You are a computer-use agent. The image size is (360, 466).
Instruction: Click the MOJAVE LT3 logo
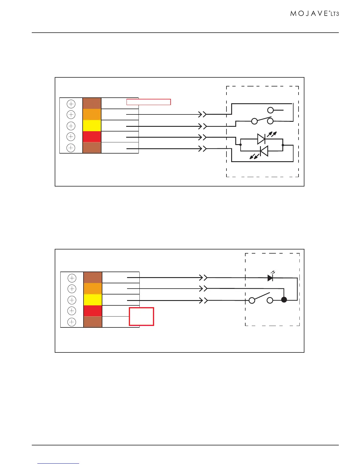pos(314,14)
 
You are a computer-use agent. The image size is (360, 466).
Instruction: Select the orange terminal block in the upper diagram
pos(92,114)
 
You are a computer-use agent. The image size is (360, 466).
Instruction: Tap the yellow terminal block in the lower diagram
pos(93,300)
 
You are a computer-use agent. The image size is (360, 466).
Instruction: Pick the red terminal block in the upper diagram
pos(92,137)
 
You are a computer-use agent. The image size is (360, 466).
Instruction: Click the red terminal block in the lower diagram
pos(93,311)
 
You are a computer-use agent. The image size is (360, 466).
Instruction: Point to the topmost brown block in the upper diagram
pos(92,104)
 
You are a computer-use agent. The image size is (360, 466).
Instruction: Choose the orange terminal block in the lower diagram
pos(93,289)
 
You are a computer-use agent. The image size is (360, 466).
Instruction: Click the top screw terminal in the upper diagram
pos(71,104)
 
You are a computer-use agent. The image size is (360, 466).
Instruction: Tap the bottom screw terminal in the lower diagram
pos(72,322)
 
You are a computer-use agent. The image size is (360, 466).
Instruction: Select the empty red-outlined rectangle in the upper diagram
pos(149,102)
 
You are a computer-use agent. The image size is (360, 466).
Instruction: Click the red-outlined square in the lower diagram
pos(141,317)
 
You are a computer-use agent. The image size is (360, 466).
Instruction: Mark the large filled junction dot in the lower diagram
pos(284,300)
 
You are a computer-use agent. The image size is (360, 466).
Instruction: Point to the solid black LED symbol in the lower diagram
pos(270,278)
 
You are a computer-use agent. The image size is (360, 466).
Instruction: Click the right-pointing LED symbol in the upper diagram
pos(261,139)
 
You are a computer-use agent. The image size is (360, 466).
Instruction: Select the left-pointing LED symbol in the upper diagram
pos(264,151)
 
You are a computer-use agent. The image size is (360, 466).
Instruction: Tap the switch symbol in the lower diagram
pos(261,299)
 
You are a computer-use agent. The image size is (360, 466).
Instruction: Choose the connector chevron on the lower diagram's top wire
pos(204,277)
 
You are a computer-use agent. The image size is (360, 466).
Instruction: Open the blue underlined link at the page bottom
pos(59,464)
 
